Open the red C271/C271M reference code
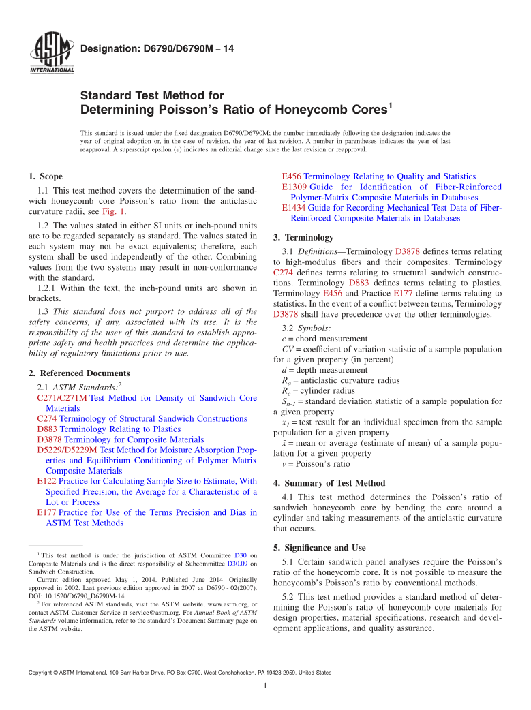coord(61,398)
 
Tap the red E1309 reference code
coord(294,187)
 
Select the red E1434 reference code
coord(294,207)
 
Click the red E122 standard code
coord(46,481)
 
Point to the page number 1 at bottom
coord(265,686)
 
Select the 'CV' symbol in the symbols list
coord(287,349)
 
